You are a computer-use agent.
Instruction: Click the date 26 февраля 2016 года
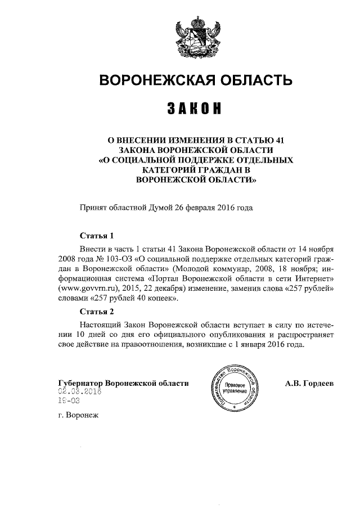point(213,208)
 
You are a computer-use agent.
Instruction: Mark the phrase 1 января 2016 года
point(274,345)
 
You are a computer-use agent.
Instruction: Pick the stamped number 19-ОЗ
point(69,402)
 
